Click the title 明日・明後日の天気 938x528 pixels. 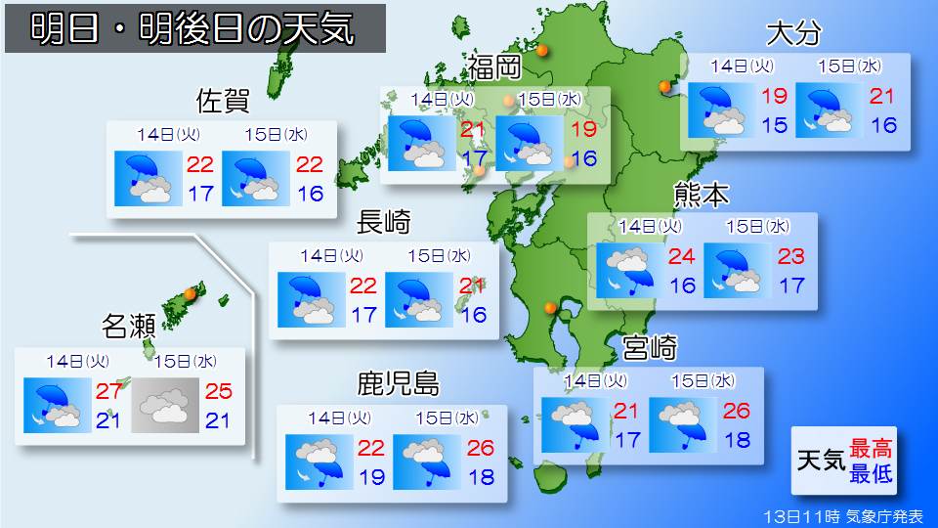tap(193, 28)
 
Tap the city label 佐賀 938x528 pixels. tap(224, 101)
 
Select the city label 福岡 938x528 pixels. tap(493, 67)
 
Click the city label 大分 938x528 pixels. tap(793, 33)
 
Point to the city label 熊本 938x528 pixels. tap(701, 195)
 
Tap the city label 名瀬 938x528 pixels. tap(129, 325)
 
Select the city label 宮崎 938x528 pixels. tap(650, 347)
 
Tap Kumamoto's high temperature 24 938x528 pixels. tap(681, 258)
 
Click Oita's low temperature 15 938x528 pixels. tap(774, 125)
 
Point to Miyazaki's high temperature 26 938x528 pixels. tap(737, 411)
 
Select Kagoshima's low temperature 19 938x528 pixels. tap(371, 477)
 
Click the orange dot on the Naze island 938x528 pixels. tap(191, 291)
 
